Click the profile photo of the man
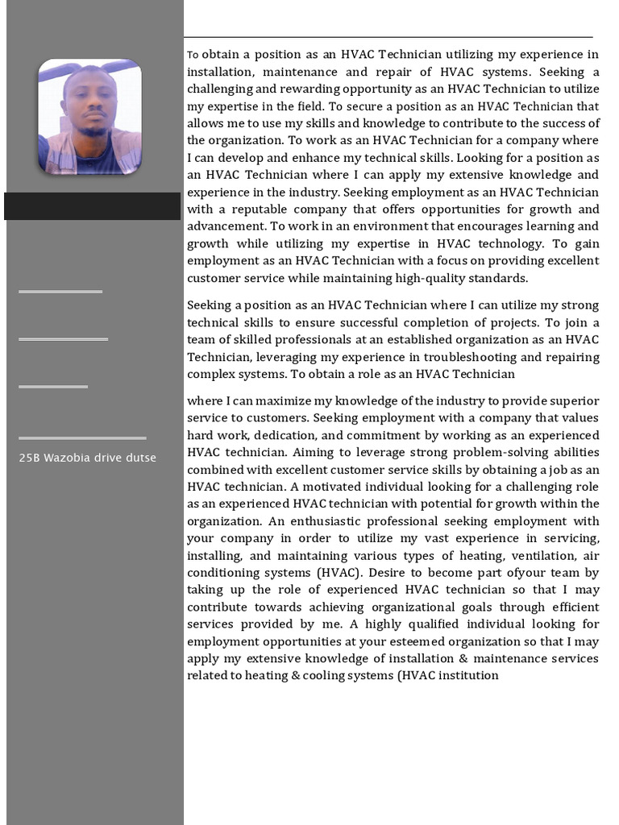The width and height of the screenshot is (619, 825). point(89,116)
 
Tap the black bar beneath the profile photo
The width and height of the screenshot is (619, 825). point(92,206)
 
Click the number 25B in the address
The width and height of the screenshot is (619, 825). point(30,458)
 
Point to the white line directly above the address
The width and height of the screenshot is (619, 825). point(82,438)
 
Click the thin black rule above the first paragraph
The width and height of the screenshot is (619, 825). point(388,37)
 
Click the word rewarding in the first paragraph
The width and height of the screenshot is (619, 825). point(297,89)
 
